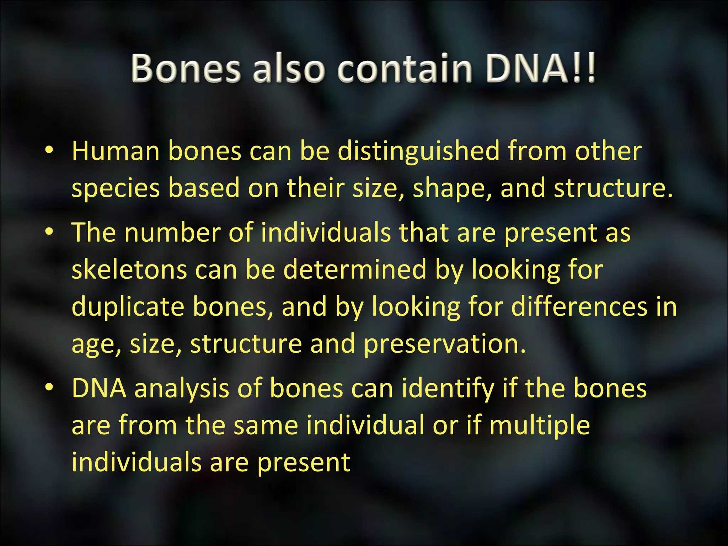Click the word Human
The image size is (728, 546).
(116, 151)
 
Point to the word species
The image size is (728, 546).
(116, 188)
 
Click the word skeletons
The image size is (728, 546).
(129, 269)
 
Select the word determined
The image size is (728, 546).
(355, 269)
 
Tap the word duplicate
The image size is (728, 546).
(128, 307)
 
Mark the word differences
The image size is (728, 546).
(579, 307)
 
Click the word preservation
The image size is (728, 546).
(444, 344)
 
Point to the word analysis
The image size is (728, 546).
(182, 388)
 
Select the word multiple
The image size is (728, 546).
(540, 425)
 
